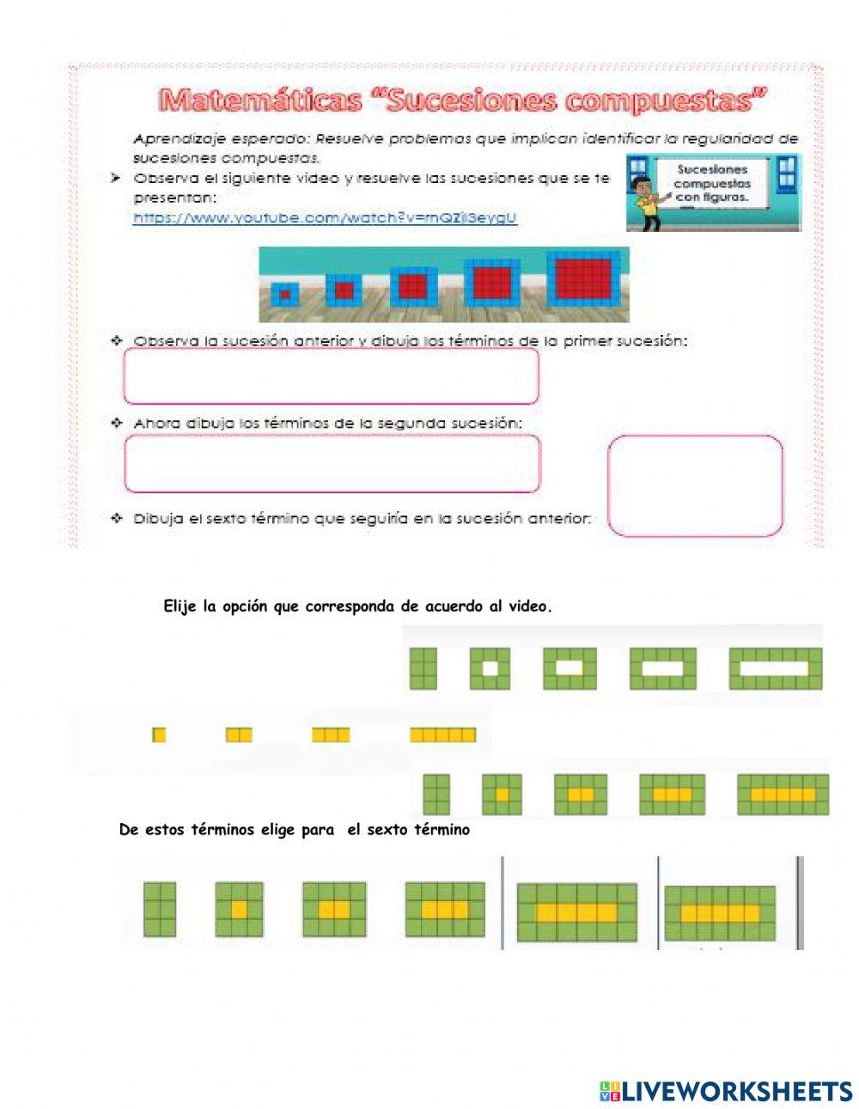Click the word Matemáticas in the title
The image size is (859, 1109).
tap(260, 101)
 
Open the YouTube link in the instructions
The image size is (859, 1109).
tap(325, 218)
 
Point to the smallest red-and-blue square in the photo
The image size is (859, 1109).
tap(284, 294)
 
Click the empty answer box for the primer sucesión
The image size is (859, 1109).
tap(332, 375)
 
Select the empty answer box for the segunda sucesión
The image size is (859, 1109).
tap(332, 463)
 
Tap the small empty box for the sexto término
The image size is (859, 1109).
tap(695, 485)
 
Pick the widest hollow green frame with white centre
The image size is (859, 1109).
tap(775, 667)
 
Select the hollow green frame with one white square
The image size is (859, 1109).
tap(490, 667)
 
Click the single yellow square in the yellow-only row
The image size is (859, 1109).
tap(159, 734)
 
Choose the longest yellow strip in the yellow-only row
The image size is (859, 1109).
tap(442, 734)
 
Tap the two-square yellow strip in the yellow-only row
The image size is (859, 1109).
tap(239, 734)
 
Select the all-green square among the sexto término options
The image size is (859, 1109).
tap(159, 909)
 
